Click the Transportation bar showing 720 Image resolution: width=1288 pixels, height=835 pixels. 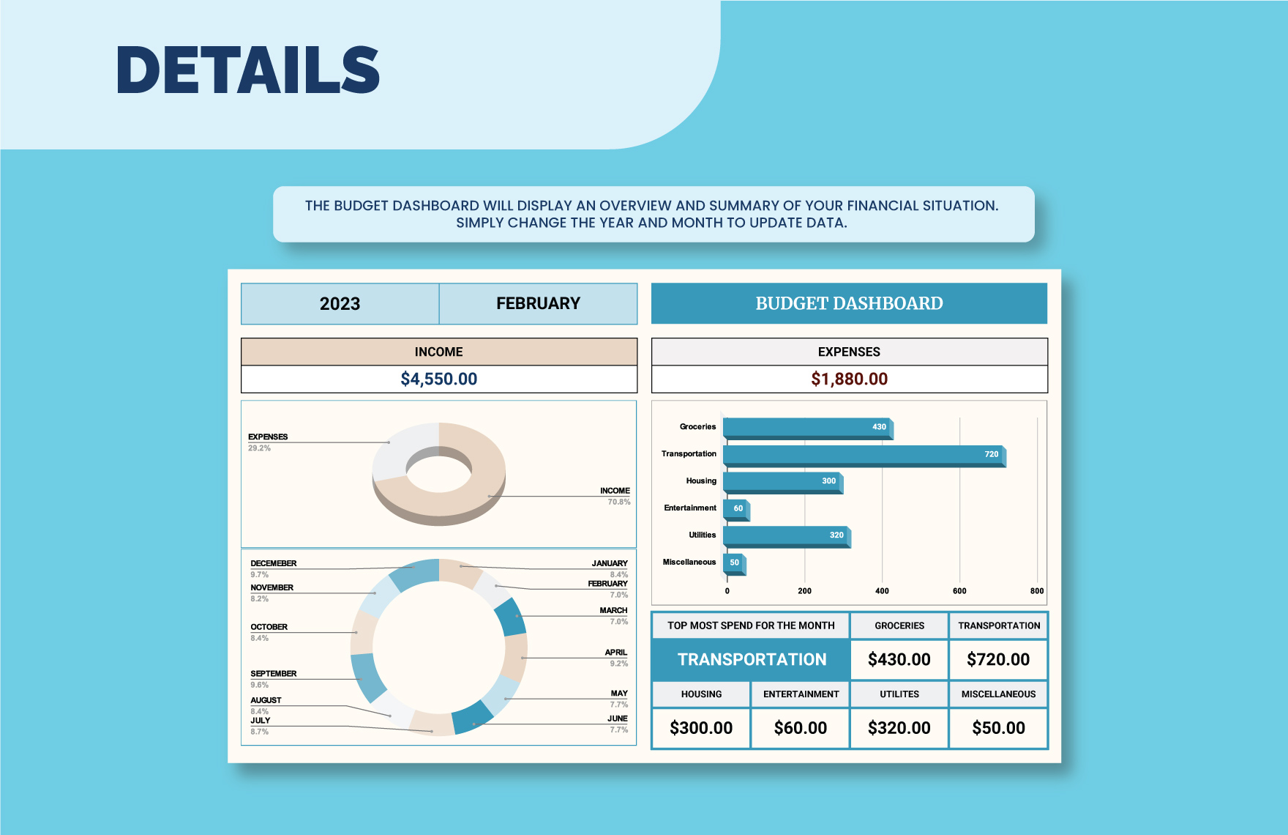pyautogui.click(x=864, y=455)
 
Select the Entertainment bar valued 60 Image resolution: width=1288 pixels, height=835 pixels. pyautogui.click(x=735, y=508)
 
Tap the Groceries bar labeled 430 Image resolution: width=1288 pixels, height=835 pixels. pyautogui.click(x=806, y=427)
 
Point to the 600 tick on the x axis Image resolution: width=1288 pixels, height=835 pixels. pyautogui.click(x=959, y=591)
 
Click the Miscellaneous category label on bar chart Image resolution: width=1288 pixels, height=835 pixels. pyautogui.click(x=689, y=563)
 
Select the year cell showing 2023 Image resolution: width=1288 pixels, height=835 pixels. pyautogui.click(x=340, y=304)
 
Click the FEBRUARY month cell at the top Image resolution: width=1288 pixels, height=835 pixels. pyautogui.click(x=538, y=304)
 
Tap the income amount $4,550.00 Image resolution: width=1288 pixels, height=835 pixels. pyautogui.click(x=439, y=379)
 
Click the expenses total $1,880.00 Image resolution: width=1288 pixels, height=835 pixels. pyautogui.click(x=849, y=379)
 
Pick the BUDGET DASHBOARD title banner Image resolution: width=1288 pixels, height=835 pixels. pyautogui.click(x=849, y=303)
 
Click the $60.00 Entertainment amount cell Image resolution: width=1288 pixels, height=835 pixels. pyautogui.click(x=801, y=728)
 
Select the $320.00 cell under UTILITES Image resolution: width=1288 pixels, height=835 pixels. pyautogui.click(x=899, y=728)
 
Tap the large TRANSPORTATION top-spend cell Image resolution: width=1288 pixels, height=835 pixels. pyautogui.click(x=752, y=659)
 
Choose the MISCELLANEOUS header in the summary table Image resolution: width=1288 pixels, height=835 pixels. pyautogui.click(x=998, y=694)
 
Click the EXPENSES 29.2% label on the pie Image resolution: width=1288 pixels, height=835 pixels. pyautogui.click(x=268, y=442)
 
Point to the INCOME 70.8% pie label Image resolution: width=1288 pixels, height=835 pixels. pyautogui.click(x=615, y=496)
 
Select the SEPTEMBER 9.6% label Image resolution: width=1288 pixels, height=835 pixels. pyautogui.click(x=274, y=678)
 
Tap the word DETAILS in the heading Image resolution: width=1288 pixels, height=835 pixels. pyautogui.click(x=248, y=70)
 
